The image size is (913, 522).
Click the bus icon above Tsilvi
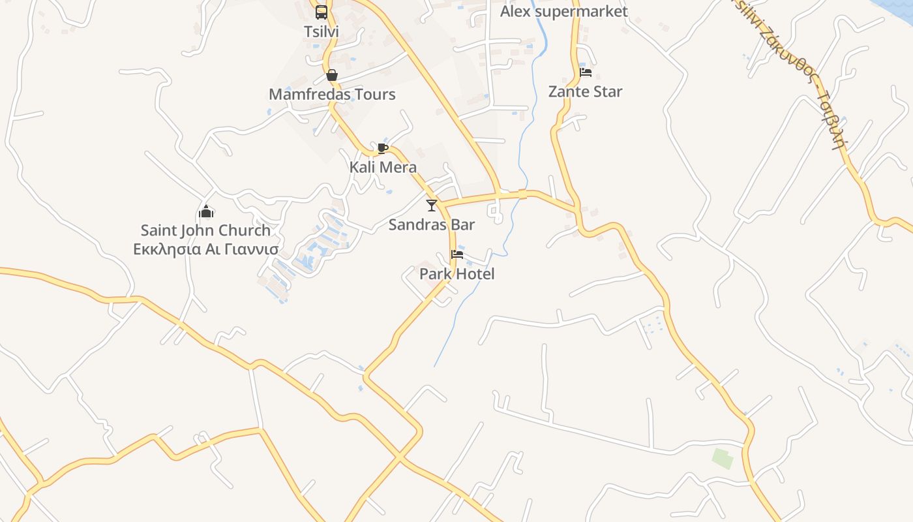322,12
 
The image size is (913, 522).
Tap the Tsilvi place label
322,31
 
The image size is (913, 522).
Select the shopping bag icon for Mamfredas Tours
332,75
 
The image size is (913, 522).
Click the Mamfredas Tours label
332,95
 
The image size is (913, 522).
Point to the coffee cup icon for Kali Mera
383,148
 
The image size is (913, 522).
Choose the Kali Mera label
383,167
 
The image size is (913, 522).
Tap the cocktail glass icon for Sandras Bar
431,206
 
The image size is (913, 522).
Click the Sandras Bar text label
431,224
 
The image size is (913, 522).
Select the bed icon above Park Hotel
456,254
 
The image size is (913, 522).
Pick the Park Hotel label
456,274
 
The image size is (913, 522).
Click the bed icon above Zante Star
586,72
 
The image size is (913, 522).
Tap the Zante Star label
585,91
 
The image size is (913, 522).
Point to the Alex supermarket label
563,12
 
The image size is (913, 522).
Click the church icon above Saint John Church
206,211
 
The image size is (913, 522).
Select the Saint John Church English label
205,230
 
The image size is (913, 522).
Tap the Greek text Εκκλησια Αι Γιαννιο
205,249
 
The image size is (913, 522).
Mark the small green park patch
723,458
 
